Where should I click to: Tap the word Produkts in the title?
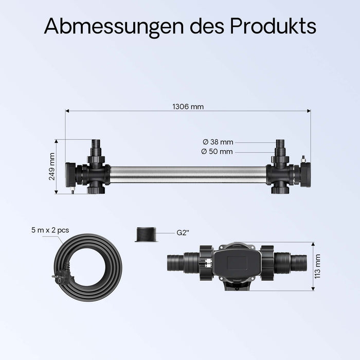pos(273,26)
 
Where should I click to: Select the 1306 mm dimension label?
pos(188,107)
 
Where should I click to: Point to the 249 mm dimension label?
pos(52,166)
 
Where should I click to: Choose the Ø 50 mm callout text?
pos(217,151)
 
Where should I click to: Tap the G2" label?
pos(183,232)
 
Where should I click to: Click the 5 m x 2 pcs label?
pos(50,231)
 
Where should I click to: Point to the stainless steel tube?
pos(188,174)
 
